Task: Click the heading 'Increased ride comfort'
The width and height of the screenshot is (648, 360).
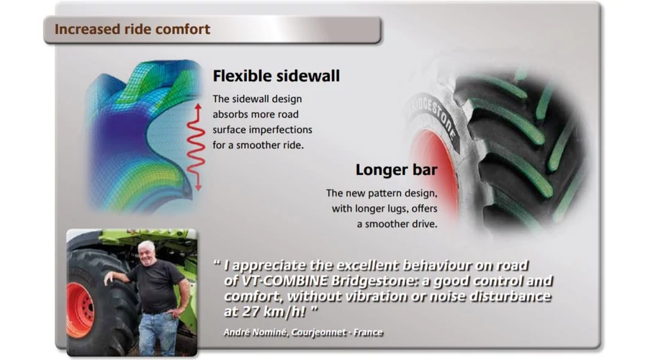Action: [x=132, y=30]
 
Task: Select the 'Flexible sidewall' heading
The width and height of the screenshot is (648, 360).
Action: [x=276, y=76]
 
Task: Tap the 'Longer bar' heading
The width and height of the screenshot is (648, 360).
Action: [x=396, y=169]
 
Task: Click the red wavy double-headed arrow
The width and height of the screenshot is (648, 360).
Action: [x=197, y=147]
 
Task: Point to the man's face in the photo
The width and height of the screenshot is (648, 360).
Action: [x=146, y=253]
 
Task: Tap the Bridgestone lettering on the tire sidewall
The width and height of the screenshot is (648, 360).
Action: [x=433, y=119]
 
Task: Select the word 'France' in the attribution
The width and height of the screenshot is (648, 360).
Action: [x=368, y=333]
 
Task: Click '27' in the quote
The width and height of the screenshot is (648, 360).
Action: [x=251, y=312]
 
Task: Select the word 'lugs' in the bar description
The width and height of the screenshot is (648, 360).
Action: [x=397, y=209]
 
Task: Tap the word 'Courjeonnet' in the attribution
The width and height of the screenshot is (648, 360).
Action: [x=319, y=333]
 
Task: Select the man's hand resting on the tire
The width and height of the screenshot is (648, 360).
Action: [x=109, y=278]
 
